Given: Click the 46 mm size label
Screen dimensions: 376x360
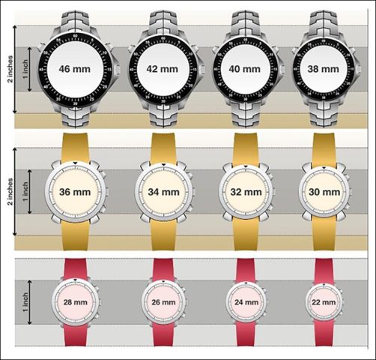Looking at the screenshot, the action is (75, 69).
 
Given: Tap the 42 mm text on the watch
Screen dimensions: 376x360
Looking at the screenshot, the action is (163, 69).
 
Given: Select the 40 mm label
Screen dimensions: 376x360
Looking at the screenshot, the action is (245, 69).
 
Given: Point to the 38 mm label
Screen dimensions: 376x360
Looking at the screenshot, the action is (324, 69).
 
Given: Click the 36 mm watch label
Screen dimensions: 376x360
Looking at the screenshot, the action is (75, 192).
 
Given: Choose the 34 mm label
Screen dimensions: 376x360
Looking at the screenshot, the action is (163, 192).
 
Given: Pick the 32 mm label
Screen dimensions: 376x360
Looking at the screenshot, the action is (246, 192).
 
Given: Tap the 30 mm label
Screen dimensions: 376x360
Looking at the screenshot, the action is (324, 192).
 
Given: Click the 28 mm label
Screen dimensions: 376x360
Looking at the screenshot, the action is (75, 302).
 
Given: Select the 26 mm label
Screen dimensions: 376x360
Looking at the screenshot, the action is (163, 302).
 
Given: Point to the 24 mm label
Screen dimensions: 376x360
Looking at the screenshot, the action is (246, 302).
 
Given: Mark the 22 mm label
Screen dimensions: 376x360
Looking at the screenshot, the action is (324, 302).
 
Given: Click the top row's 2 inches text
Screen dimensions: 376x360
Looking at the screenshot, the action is (10, 69).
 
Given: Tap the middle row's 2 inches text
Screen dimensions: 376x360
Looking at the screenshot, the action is (10, 192).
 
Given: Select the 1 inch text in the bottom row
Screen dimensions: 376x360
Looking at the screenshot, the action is (25, 302).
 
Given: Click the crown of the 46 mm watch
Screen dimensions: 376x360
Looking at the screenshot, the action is (118, 69).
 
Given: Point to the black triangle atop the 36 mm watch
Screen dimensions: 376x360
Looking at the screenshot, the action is (75, 163).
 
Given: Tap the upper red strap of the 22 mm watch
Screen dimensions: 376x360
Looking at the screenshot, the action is (324, 271).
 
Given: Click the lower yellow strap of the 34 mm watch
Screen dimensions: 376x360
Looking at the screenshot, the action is (163, 235).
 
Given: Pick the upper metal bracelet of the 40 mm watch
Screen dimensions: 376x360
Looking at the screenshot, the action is (245, 24).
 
